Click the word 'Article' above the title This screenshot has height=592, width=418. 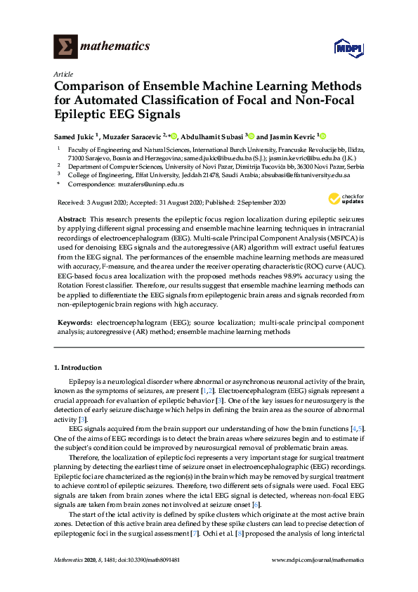[x=63, y=73]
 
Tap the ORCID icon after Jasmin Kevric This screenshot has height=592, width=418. [x=325, y=136]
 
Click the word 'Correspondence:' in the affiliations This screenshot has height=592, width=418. [x=90, y=184]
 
